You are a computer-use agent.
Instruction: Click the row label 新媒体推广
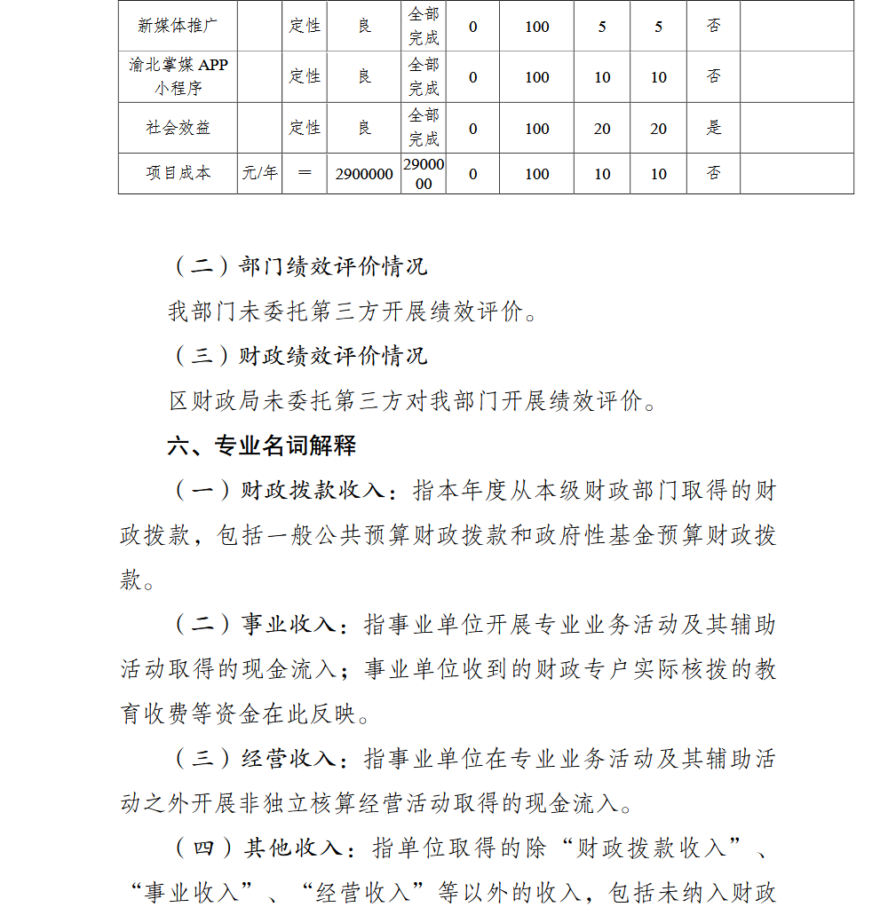[178, 26]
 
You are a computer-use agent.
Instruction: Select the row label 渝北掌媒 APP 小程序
[178, 76]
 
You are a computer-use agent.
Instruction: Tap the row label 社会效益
[178, 128]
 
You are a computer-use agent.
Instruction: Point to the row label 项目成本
[178, 173]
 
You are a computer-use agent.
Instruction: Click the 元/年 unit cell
[259, 173]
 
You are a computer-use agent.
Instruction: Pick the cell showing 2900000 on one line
[364, 174]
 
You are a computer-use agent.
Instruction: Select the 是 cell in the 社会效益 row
[714, 128]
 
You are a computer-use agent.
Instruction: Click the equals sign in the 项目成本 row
[305, 173]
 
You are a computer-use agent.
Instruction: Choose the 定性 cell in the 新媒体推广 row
[305, 26]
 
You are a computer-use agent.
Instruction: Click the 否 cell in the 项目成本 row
[714, 173]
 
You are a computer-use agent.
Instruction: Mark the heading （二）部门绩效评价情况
[297, 266]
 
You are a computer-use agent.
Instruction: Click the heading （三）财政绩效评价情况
[297, 356]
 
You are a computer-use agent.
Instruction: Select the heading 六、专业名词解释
[262, 446]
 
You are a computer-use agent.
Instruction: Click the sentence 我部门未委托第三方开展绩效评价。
[353, 312]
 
